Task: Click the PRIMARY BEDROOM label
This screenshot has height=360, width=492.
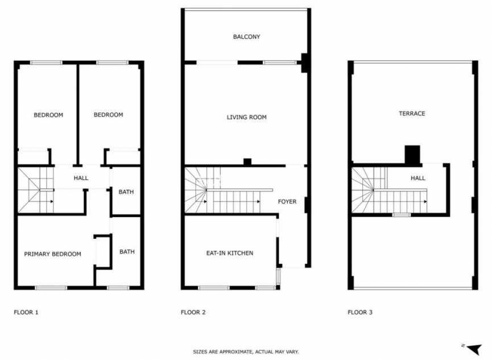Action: [x=52, y=254]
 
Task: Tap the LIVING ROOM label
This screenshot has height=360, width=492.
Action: [x=246, y=118]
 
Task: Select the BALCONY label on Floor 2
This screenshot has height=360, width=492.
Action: [x=246, y=37]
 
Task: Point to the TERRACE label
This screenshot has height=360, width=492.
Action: [x=411, y=114]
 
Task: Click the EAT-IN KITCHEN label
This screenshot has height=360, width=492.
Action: [x=229, y=253]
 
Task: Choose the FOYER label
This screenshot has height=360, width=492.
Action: [x=287, y=202]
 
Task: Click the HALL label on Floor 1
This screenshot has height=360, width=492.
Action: [x=81, y=179]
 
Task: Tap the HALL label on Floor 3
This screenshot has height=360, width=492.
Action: [x=418, y=179]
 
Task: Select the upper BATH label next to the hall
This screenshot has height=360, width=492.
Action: [x=126, y=192]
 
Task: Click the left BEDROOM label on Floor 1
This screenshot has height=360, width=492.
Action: [x=48, y=115]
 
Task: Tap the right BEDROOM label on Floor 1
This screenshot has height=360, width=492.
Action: [x=108, y=115]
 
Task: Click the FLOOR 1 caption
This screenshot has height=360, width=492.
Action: [x=26, y=312]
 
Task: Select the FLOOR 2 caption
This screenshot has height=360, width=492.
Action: [x=193, y=312]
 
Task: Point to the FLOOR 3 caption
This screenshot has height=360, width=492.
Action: [x=360, y=312]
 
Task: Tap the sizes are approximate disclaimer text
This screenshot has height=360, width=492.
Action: [x=246, y=352]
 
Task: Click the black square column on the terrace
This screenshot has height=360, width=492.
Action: [x=412, y=155]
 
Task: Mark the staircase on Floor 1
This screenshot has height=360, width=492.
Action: [x=35, y=190]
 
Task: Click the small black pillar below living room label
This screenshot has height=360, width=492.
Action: [x=247, y=162]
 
